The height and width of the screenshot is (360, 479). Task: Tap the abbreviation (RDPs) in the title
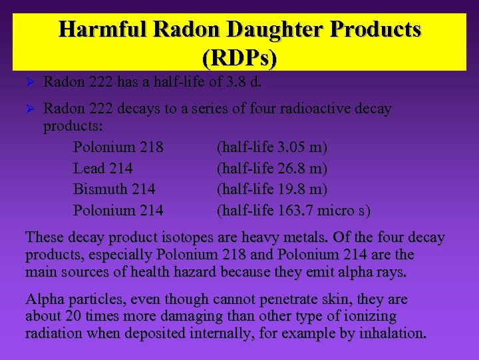pyautogui.click(x=239, y=58)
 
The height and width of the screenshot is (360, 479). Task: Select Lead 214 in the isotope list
pyautogui.click(x=102, y=168)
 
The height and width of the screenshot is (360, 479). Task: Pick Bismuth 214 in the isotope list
pyautogui.click(x=114, y=189)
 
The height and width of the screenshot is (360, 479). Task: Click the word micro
pyautogui.click(x=339, y=211)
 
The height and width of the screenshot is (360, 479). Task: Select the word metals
pyautogui.click(x=268, y=238)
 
